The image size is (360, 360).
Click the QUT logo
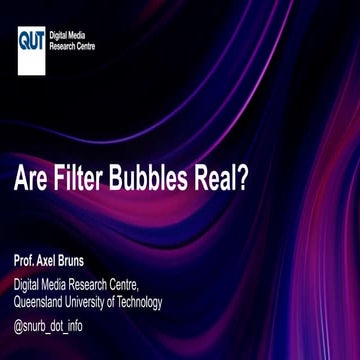[31, 41]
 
